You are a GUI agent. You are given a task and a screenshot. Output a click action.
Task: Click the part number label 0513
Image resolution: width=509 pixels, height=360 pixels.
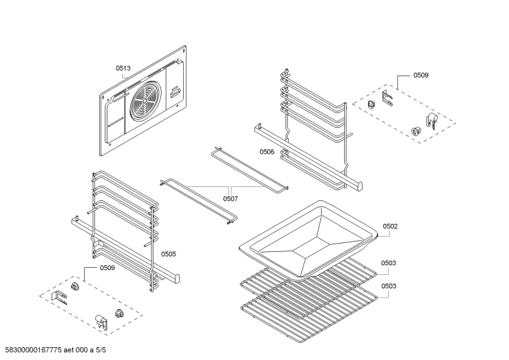(x=123, y=68)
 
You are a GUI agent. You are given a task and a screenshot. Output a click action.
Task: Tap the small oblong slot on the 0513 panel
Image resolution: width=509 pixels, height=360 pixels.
(x=175, y=93)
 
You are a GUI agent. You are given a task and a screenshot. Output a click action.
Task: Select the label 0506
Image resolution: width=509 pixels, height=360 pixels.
(x=267, y=152)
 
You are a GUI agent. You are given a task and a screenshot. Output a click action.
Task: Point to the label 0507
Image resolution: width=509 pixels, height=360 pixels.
(x=230, y=198)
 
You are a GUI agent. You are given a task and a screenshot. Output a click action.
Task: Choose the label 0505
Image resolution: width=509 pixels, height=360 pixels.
(x=168, y=254)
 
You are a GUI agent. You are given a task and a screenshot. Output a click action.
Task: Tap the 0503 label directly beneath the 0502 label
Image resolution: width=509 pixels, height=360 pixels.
(x=389, y=263)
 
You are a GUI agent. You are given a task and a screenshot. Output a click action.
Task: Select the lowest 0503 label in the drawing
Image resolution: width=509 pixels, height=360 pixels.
(x=389, y=286)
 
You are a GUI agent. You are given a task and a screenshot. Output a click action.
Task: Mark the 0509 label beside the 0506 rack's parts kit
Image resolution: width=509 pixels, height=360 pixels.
(x=421, y=75)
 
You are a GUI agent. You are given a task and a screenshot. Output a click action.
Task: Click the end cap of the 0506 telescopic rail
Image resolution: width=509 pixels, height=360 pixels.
(x=359, y=186)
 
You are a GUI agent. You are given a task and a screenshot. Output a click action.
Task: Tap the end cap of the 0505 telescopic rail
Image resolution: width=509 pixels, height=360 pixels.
(x=176, y=278)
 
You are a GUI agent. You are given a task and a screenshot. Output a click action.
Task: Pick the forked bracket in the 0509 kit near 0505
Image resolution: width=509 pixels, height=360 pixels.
(x=62, y=297)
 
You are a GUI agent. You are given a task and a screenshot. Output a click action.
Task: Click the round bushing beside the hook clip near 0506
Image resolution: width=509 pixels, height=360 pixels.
(x=417, y=130)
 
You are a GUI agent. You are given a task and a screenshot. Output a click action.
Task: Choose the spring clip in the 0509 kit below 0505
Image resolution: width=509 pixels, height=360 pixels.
(x=101, y=319)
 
